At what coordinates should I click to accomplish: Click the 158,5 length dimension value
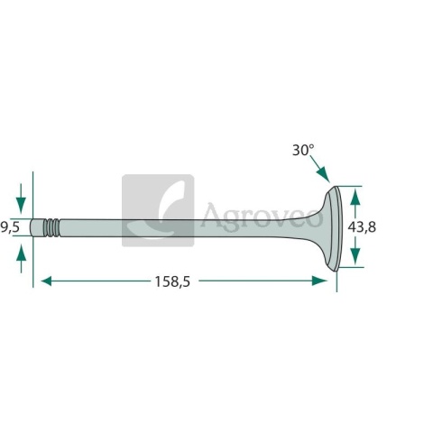coord(172,282)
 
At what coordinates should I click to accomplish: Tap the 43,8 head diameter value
coord(362,227)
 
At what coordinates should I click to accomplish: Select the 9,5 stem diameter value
coord(10,227)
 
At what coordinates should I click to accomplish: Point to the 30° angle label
coord(303,150)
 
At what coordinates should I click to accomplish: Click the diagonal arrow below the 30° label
coord(320,169)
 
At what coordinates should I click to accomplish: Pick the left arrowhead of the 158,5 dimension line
coord(46,281)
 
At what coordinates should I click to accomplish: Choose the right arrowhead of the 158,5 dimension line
coord(319,281)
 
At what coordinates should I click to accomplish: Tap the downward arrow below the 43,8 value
coord(355,250)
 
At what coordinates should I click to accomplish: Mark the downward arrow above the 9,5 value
coord(21,198)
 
